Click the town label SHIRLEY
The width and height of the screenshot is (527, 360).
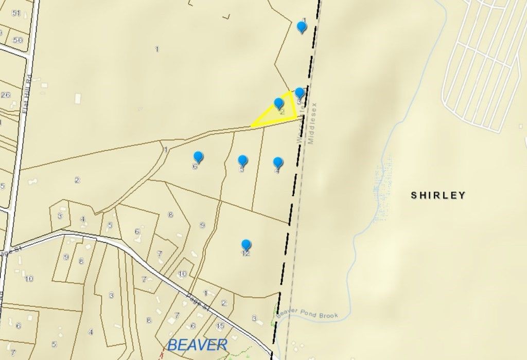point(438,195)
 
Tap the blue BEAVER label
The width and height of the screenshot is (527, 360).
point(198,344)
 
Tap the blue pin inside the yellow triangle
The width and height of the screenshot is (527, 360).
point(278,103)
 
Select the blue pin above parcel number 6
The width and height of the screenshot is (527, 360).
point(198,157)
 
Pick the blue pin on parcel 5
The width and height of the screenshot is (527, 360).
point(243,160)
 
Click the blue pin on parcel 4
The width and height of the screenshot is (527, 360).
point(278,163)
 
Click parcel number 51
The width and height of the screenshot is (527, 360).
point(16,13)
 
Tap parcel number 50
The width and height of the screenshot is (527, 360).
point(18,40)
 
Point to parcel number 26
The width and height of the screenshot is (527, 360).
point(6,95)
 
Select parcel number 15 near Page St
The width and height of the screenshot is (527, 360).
point(220,326)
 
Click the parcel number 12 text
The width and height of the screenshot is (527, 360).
point(245,254)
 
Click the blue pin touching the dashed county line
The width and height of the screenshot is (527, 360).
point(300,93)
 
